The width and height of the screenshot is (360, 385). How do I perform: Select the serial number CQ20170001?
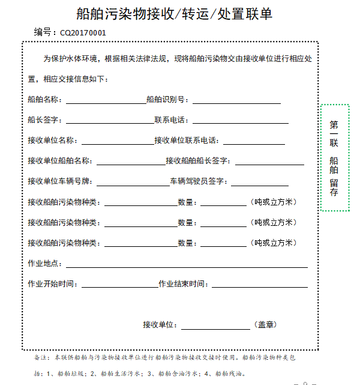82,32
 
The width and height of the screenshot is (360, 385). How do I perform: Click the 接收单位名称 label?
52,141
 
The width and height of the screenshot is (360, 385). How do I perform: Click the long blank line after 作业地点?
187,265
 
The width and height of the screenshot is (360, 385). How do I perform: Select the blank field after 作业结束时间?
259,285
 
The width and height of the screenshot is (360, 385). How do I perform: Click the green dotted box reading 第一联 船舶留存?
334,158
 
